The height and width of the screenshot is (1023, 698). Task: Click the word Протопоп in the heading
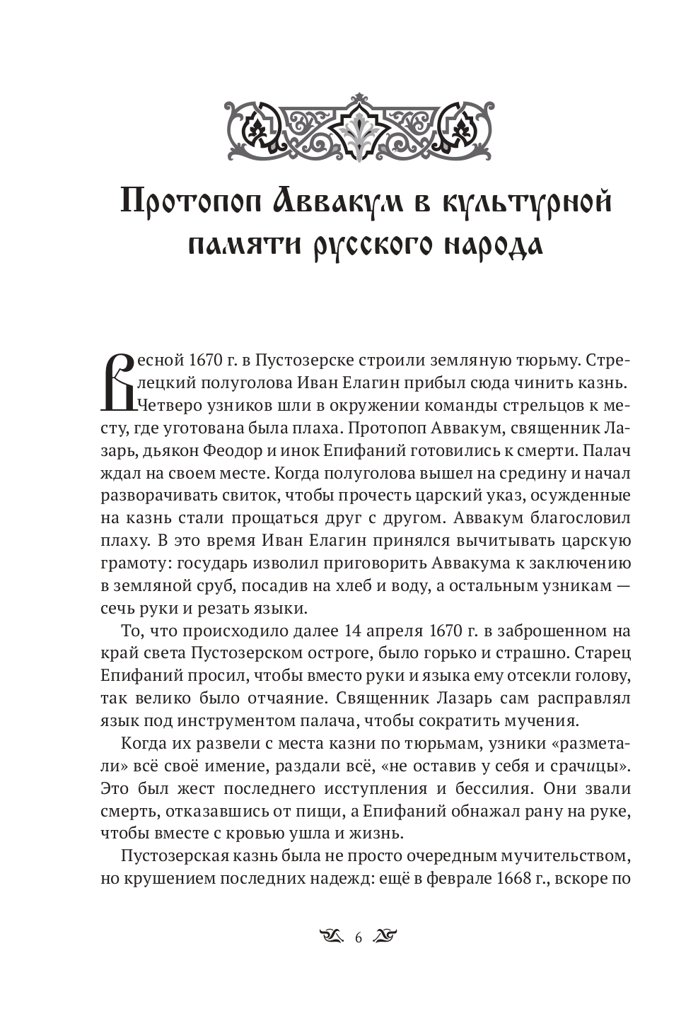[186, 202]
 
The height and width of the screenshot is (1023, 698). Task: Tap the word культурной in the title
[527, 202]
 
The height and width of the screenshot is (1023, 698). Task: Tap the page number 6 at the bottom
[358, 939]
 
